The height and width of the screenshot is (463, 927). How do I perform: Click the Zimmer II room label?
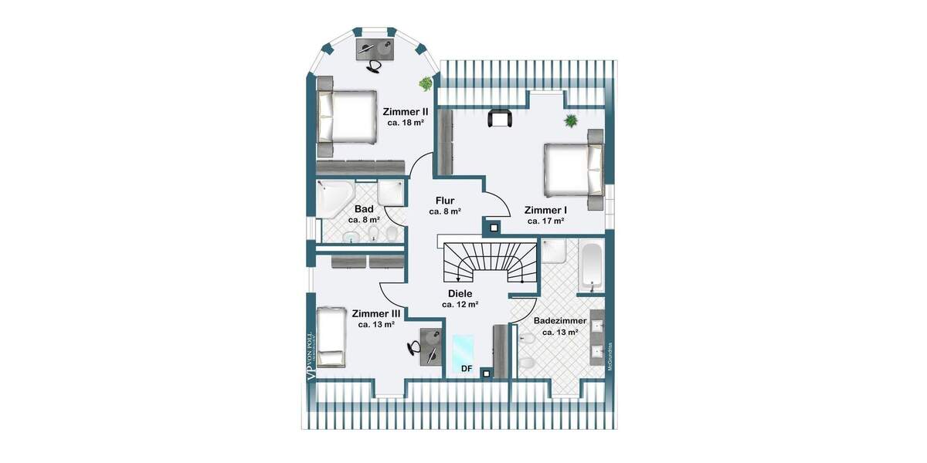tap(405, 111)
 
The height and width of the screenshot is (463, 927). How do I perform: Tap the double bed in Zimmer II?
tap(347, 117)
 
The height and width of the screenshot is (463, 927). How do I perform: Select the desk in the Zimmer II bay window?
tap(375, 47)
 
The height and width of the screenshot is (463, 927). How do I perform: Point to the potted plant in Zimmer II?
tap(425, 83)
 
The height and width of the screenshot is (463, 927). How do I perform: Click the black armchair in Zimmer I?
tap(500, 118)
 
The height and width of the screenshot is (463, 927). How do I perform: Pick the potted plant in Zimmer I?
tap(571, 120)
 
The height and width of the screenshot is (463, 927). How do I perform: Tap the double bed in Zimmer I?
tap(573, 170)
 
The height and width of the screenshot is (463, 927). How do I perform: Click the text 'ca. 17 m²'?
tap(545, 221)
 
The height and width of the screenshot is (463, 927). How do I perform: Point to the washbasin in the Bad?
tap(351, 236)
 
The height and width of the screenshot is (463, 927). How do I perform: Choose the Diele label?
tap(460, 293)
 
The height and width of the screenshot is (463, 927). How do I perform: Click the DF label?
tap(467, 368)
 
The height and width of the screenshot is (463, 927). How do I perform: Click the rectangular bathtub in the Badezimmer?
tap(592, 267)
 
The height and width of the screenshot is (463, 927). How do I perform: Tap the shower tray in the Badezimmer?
tap(554, 252)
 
